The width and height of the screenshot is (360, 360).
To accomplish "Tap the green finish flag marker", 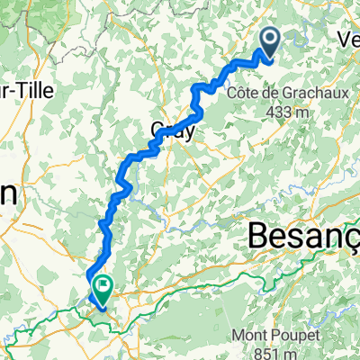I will point(101,289).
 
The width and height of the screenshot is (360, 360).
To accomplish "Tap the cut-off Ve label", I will point(346,38).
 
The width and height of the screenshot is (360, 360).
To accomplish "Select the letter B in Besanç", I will point(258,238).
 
